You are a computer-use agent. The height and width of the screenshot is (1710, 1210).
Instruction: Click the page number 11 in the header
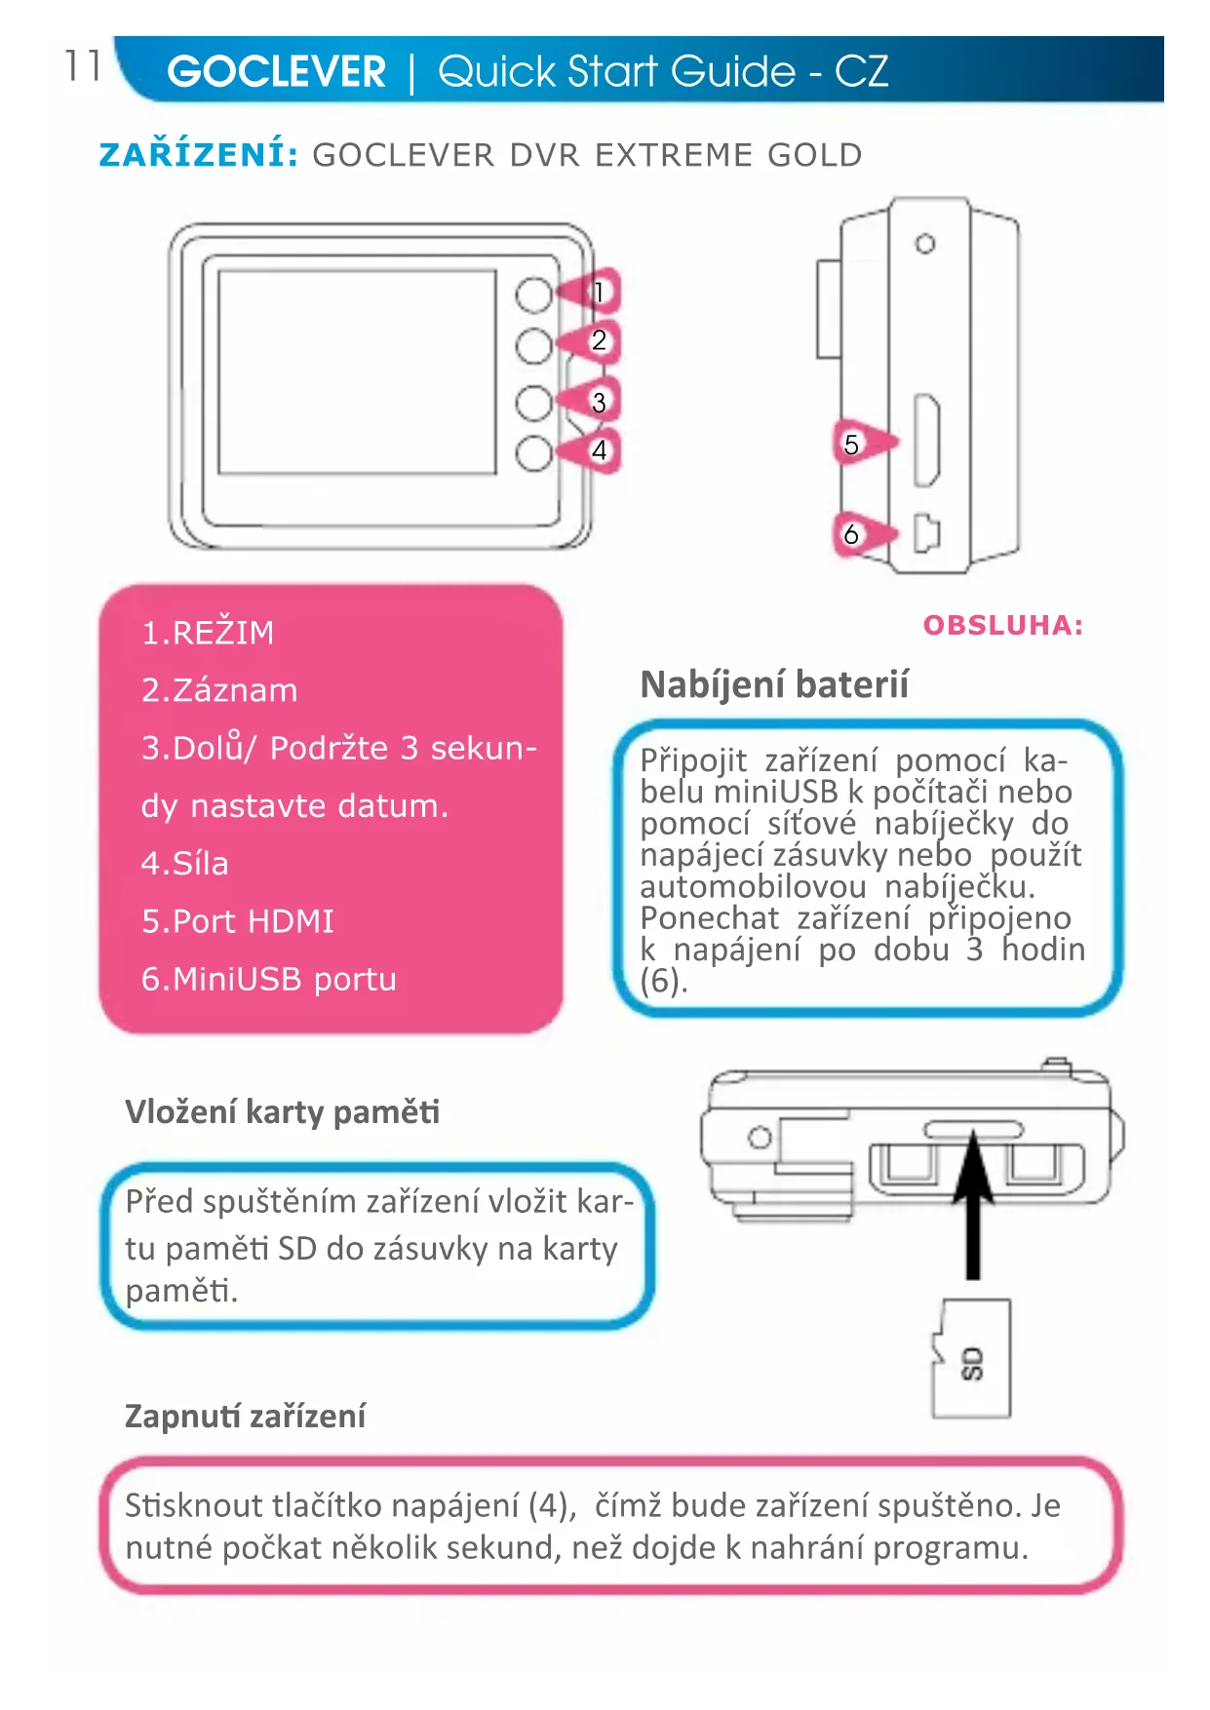(x=83, y=66)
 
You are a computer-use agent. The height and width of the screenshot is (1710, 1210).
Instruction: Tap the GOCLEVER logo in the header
(x=276, y=71)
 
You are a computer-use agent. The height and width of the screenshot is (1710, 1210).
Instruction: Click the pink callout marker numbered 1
(x=596, y=291)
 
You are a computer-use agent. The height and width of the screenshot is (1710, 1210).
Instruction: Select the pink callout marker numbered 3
(x=596, y=402)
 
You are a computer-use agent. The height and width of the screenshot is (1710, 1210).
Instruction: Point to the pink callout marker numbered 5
(x=857, y=445)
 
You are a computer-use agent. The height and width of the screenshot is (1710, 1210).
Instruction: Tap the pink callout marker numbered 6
(x=857, y=533)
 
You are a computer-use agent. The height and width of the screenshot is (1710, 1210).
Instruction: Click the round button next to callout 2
(x=533, y=345)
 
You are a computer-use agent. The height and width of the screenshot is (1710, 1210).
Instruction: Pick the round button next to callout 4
(x=533, y=453)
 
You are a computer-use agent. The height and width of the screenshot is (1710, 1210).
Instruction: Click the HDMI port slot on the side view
(x=926, y=441)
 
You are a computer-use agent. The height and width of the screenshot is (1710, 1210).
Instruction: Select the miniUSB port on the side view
(x=926, y=532)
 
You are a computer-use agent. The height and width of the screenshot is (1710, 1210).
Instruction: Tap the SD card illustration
(x=971, y=1358)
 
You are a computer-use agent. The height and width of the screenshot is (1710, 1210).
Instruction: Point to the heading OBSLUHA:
(x=1002, y=625)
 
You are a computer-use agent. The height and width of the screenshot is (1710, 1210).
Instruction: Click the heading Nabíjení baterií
(x=774, y=684)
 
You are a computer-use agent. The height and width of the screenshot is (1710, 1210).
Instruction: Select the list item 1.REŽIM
(x=208, y=633)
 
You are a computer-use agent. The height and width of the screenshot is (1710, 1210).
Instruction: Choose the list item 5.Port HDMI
(x=237, y=921)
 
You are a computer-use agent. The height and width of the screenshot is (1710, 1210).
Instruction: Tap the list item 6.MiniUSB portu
(x=268, y=979)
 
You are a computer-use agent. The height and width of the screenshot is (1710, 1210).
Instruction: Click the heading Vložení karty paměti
(x=282, y=1111)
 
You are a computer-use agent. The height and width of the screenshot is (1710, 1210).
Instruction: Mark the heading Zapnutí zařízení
(x=245, y=1416)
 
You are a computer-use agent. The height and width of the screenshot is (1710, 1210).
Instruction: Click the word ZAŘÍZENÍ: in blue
(x=198, y=155)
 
